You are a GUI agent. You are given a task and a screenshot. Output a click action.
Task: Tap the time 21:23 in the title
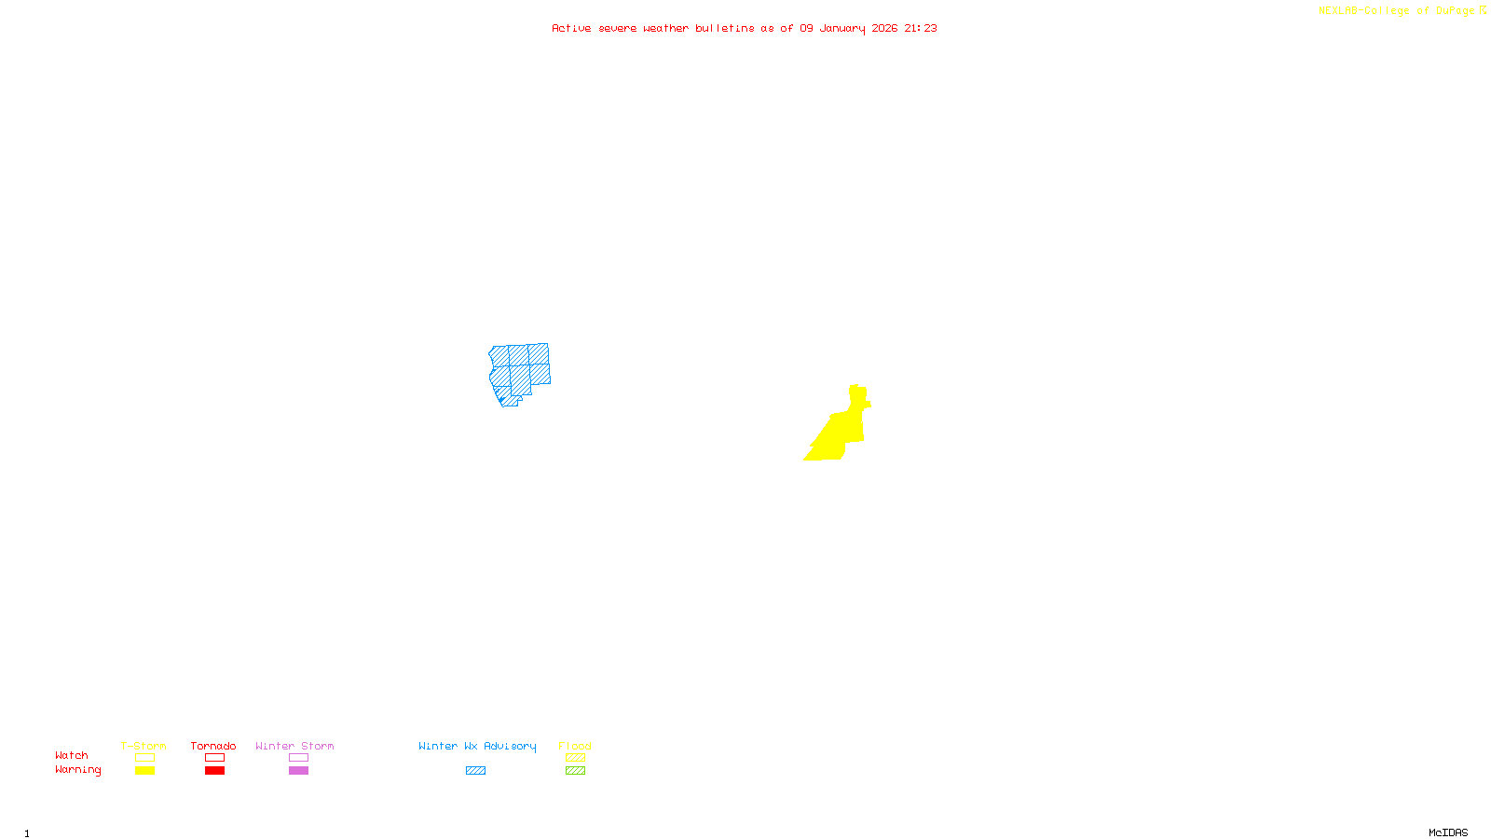920,28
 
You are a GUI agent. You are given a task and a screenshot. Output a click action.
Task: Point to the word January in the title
841,28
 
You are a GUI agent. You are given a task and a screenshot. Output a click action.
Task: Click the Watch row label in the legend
72,756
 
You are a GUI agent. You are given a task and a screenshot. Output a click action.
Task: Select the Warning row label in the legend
77,770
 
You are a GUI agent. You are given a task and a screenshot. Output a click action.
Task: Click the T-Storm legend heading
144,746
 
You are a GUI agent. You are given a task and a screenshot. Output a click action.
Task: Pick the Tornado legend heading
213,746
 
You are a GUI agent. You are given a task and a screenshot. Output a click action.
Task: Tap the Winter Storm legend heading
294,746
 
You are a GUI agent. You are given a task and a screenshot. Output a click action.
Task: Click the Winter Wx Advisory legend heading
477,746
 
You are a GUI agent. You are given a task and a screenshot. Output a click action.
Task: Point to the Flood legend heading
575,746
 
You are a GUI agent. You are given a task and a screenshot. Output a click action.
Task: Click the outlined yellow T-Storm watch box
144,758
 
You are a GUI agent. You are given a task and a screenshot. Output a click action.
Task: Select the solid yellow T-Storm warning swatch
144,771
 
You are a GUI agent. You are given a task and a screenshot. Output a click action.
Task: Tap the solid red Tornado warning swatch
214,771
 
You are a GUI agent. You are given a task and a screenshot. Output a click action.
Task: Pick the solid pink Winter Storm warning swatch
298,771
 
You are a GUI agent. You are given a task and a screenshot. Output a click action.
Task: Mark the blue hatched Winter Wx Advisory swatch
475,771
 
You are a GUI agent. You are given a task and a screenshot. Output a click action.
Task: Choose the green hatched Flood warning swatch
575,771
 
